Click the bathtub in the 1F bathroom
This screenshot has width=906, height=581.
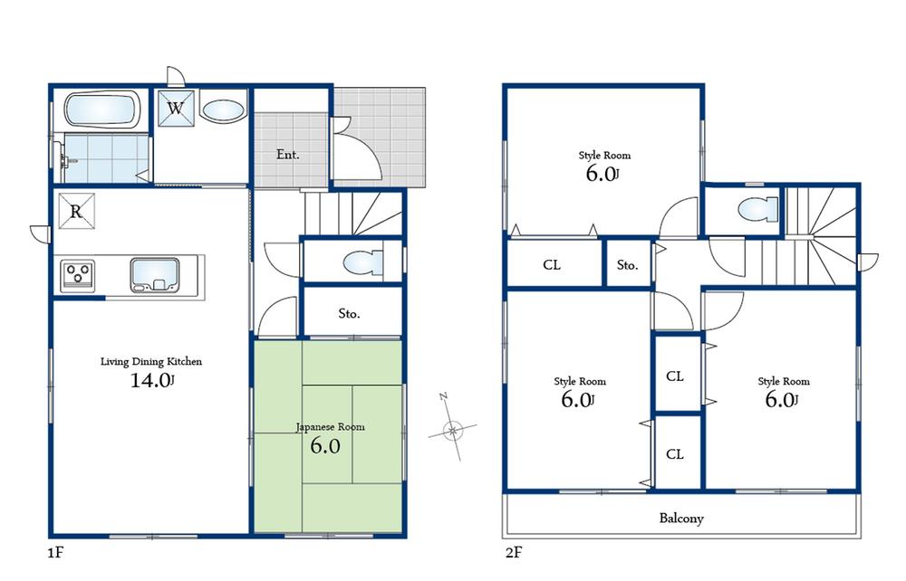pyautogui.click(x=102, y=110)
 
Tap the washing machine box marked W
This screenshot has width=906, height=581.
pyautogui.click(x=176, y=110)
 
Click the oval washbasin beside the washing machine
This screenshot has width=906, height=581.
pyautogui.click(x=222, y=111)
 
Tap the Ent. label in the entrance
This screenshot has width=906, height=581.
pyautogui.click(x=288, y=155)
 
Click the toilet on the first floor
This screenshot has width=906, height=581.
pyautogui.click(x=362, y=262)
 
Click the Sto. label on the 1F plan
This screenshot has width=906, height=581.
pyautogui.click(x=350, y=314)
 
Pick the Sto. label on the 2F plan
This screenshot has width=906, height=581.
pyautogui.click(x=628, y=265)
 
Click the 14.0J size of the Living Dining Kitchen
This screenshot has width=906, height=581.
pyautogui.click(x=151, y=381)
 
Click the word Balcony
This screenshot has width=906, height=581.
pyautogui.click(x=681, y=519)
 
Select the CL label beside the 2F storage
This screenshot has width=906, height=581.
pyautogui.click(x=551, y=265)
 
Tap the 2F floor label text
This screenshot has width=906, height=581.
pyautogui.click(x=515, y=550)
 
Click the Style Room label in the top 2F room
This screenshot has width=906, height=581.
pyautogui.click(x=604, y=156)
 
